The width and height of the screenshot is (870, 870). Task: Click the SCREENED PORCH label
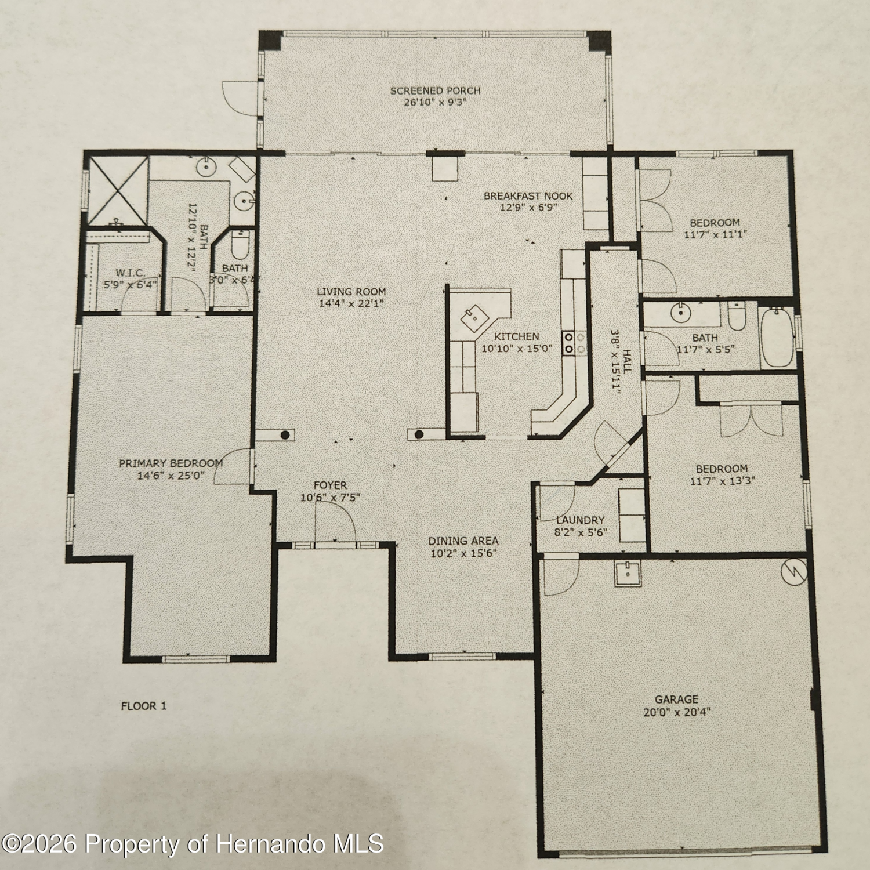[435, 90]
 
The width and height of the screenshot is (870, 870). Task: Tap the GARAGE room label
[676, 699]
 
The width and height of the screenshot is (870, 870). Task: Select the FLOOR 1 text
[143, 706]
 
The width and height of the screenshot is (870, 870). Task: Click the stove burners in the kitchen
[570, 342]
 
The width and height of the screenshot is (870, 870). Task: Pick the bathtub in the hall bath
[777, 338]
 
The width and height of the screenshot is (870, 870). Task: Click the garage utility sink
[628, 574]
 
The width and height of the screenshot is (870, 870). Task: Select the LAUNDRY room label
[580, 520]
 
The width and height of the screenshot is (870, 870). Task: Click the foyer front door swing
[335, 522]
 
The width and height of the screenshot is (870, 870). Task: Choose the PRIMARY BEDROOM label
[171, 463]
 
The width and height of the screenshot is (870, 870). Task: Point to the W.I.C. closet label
[130, 273]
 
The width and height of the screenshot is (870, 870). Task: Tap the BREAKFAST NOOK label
[528, 196]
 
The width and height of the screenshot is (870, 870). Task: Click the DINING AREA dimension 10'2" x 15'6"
[463, 553]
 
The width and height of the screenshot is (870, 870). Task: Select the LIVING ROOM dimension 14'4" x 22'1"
[351, 303]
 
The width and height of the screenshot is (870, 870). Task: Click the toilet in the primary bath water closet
[240, 245]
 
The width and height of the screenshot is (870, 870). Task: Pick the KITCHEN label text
[517, 336]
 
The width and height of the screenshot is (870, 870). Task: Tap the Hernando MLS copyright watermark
[193, 843]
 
